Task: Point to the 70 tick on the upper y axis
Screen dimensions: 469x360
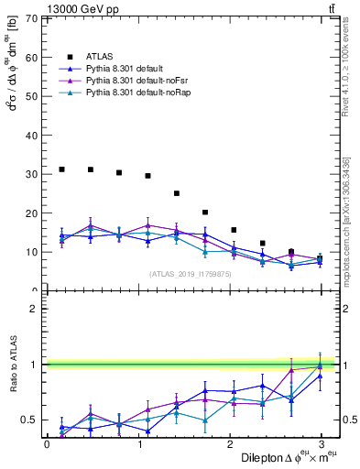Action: click(32, 18)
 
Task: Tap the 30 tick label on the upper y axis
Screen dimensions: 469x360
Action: click(32, 174)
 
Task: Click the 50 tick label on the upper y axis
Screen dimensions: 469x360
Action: click(32, 96)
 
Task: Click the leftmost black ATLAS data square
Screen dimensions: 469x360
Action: click(61, 169)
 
